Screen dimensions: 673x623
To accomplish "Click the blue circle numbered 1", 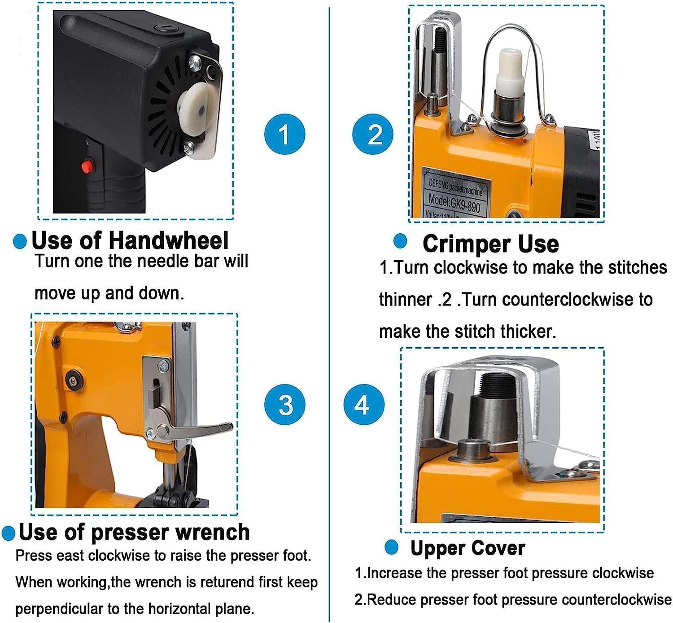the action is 284,134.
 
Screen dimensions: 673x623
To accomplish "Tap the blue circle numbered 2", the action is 373,134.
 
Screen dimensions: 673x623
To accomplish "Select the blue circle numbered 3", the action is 284,405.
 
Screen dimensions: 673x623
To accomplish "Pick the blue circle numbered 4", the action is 364,405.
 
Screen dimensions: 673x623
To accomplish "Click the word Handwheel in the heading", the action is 169,240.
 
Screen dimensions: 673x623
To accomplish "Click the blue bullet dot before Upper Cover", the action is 391,548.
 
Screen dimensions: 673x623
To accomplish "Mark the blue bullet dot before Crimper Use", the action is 400,241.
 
